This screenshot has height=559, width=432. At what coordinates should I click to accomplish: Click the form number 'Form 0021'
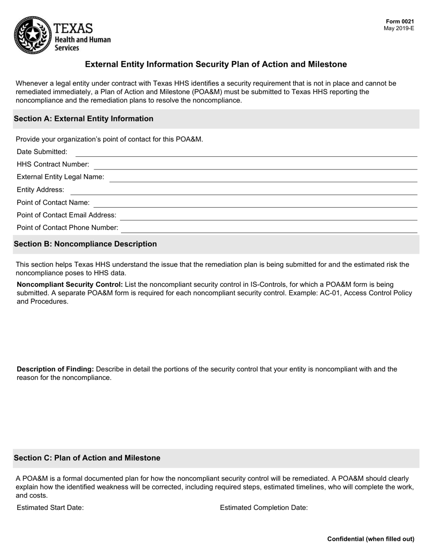(x=400, y=21)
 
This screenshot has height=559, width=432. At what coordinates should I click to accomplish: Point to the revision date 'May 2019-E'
(x=399, y=28)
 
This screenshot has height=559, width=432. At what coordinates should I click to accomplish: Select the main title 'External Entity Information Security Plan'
(x=216, y=65)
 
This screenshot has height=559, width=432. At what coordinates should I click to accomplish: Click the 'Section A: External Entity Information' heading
(x=84, y=119)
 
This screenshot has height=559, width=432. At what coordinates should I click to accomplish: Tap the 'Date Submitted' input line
(x=246, y=152)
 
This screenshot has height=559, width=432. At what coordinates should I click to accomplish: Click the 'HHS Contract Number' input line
(x=255, y=165)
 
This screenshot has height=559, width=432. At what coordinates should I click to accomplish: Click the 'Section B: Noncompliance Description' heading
(x=85, y=244)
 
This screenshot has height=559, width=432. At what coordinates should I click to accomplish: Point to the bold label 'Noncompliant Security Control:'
(x=70, y=284)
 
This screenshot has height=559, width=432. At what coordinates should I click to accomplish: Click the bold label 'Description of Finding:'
(x=55, y=369)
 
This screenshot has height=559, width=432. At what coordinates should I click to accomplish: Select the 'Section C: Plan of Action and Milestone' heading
(x=87, y=458)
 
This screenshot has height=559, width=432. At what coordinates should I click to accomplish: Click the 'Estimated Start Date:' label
(x=50, y=508)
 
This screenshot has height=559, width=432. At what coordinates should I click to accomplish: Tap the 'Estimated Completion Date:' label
(x=264, y=508)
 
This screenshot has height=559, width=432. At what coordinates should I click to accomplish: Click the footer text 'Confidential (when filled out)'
(x=371, y=539)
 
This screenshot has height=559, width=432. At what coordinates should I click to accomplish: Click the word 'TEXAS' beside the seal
(x=73, y=29)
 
